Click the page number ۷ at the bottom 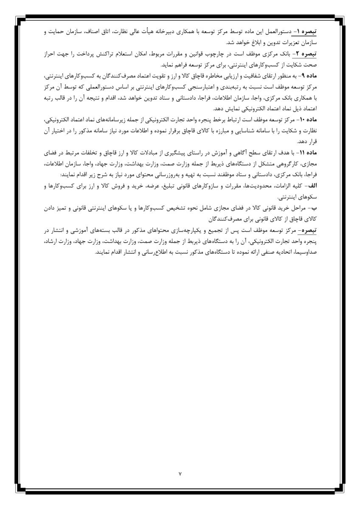coord(180,473)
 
